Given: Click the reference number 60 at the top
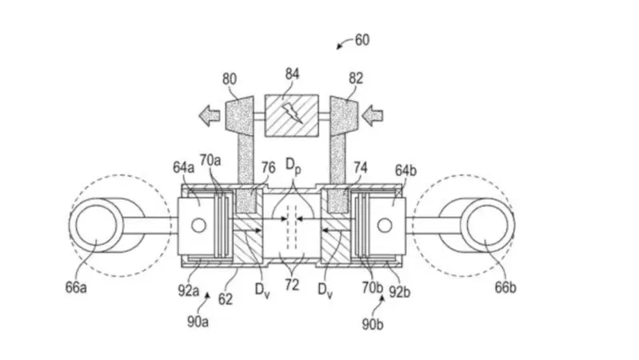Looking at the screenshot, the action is click(x=362, y=40).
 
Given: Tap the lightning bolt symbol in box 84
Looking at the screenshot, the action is click(x=292, y=113).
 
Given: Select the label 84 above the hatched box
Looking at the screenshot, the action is click(x=292, y=74).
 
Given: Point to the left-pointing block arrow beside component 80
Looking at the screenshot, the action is click(x=210, y=116).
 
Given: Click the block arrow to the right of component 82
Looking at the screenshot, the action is click(x=373, y=115).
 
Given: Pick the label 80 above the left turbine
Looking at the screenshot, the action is click(x=230, y=79).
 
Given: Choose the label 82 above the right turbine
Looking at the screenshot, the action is click(x=355, y=78).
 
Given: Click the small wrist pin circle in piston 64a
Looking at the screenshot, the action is click(x=199, y=226).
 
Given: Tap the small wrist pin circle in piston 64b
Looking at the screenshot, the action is click(x=385, y=225).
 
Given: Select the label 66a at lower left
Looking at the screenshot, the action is click(x=76, y=287).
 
